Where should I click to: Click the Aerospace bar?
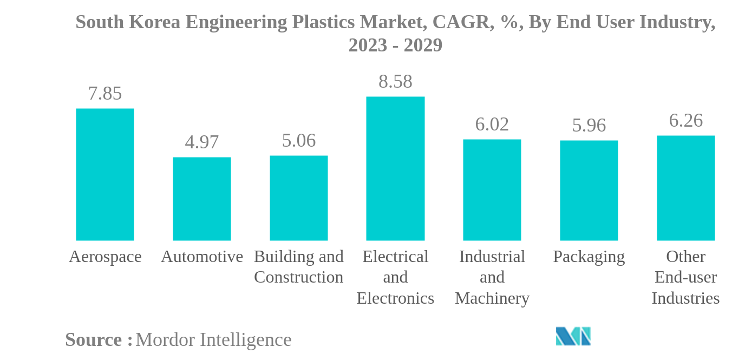pyautogui.click(x=105, y=174)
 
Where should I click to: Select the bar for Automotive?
pyautogui.click(x=202, y=199)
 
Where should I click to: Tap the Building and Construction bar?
pyautogui.click(x=299, y=198)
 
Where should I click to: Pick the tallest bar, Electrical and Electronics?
pyautogui.click(x=395, y=168)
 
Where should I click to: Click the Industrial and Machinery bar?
pyautogui.click(x=492, y=189)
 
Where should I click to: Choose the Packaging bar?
pyautogui.click(x=589, y=190)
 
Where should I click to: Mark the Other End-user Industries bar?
pyautogui.click(x=686, y=188)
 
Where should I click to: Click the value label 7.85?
pyautogui.click(x=105, y=94)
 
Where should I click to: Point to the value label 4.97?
pyautogui.click(x=202, y=142)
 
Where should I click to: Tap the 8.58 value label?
pyautogui.click(x=395, y=82)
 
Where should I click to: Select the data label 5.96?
pyautogui.click(x=589, y=126)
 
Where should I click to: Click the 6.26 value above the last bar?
pyautogui.click(x=686, y=121)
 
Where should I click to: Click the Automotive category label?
pyautogui.click(x=202, y=257)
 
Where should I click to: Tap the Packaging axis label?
pyautogui.click(x=589, y=257)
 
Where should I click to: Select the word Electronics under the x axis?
pyautogui.click(x=395, y=298)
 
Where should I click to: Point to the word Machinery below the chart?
pyautogui.click(x=492, y=298)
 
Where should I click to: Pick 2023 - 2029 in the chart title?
pyautogui.click(x=395, y=45)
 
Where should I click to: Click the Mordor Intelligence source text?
pyautogui.click(x=213, y=340)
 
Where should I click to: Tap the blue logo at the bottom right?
pyautogui.click(x=573, y=336)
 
